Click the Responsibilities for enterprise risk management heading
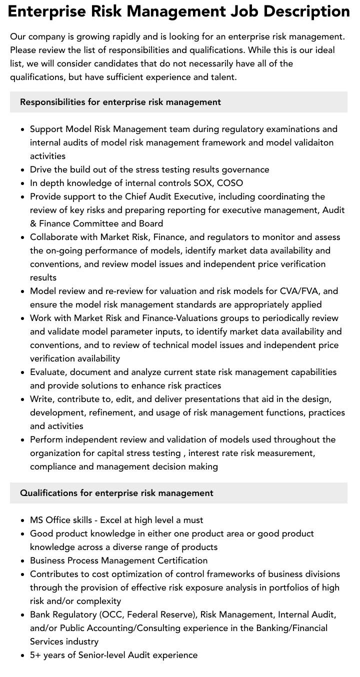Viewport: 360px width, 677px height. (x=120, y=102)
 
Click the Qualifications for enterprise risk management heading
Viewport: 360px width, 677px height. (x=116, y=493)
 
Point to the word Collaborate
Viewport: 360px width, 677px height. (x=52, y=237)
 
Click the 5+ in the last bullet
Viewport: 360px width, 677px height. (x=35, y=655)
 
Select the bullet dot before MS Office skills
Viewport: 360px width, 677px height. (x=23, y=520)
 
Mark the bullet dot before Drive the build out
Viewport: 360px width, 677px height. (x=23, y=170)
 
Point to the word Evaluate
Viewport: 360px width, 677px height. (x=48, y=372)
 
